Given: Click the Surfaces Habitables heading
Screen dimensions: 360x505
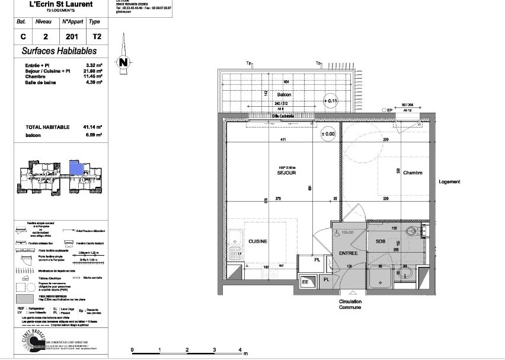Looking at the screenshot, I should coord(59,52).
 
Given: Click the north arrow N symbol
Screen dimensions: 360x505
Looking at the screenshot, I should coord(123,60).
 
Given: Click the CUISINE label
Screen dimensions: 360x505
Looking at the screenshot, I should coord(258,241).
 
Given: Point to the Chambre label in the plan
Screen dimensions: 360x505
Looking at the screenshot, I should coord(413,173).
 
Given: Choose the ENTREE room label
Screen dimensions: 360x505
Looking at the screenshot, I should coord(348,253).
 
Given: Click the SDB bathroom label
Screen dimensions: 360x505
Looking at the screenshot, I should coord(381,241).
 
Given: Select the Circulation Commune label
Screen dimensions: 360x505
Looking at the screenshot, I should coord(350,305).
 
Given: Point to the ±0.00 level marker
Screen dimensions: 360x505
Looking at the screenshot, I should coord(328,134).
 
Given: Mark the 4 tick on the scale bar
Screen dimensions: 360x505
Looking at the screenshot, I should coord(240,350).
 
